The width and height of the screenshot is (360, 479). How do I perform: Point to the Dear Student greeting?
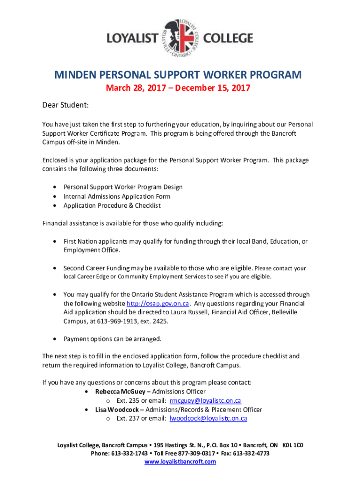pos(66,105)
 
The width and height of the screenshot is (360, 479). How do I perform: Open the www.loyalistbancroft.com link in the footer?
pos(180,462)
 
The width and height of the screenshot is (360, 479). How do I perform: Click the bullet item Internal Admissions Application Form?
pos(117,196)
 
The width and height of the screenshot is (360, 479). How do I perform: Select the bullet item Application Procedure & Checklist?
pos(112,205)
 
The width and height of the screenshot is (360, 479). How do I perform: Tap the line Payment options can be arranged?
pos(112,339)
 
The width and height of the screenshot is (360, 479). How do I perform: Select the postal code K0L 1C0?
pos(293,445)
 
